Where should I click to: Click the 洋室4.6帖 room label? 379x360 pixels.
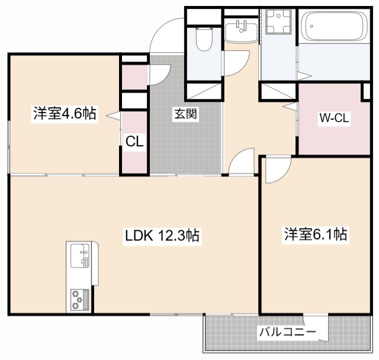click(65, 113)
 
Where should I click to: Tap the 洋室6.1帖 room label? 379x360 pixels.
click(314, 234)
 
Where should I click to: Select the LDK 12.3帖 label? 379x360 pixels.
click(162, 236)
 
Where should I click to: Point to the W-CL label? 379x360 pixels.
click(335, 118)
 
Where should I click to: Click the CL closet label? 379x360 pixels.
click(134, 142)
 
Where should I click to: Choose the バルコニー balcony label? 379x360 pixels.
click(287, 332)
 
